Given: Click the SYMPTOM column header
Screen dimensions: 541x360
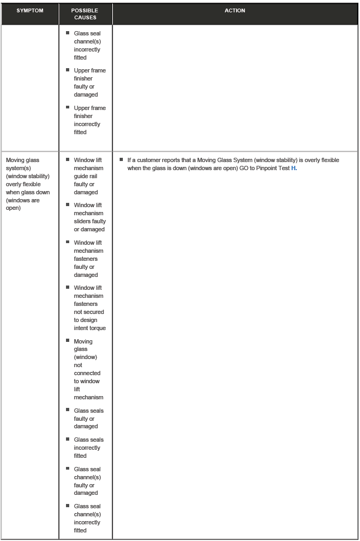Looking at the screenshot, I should pos(30,11).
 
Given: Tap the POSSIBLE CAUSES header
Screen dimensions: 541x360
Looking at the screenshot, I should pos(85,14).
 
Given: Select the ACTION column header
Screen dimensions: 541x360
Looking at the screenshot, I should pos(235,11).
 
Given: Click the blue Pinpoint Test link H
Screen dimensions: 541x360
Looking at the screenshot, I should pos(293,168).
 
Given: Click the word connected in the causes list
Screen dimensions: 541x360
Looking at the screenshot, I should pos(87,373).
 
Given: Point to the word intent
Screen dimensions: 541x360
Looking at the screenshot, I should pos(81,328).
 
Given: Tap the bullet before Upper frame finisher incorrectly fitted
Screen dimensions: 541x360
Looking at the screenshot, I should pos(68,107).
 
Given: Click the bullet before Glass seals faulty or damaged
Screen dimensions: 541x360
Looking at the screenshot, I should pos(68,410).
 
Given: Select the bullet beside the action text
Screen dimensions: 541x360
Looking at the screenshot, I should pos(122,159).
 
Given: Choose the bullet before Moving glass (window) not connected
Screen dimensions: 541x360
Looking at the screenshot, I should pos(68,341).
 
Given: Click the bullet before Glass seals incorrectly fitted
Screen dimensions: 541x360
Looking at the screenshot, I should pos(68,439).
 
